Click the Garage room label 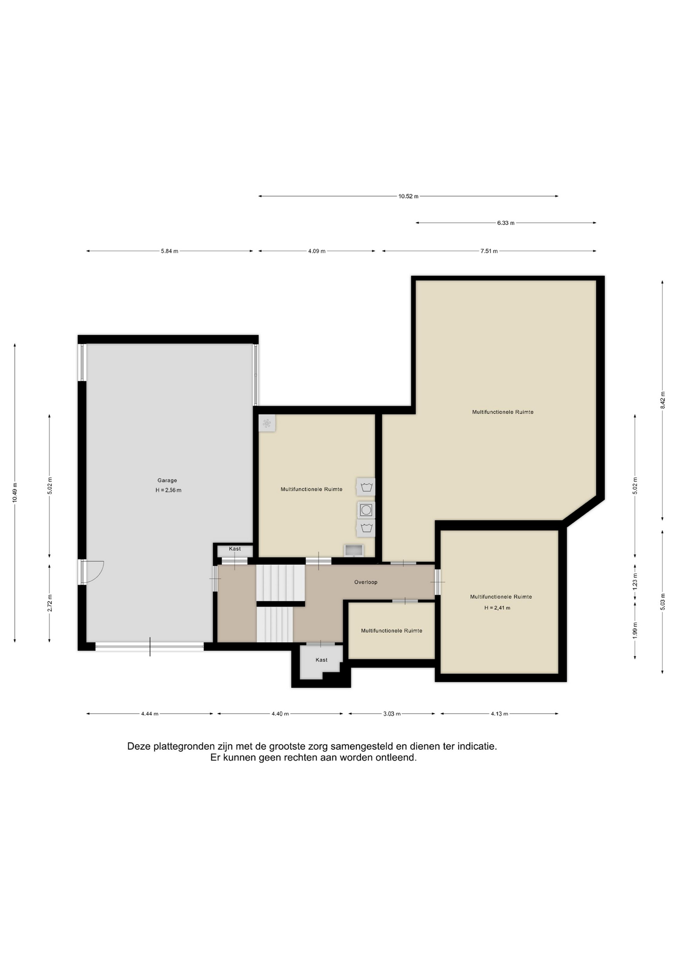(167, 480)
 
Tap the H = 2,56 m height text (168, 490)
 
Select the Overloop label (366, 582)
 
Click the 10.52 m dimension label (408, 196)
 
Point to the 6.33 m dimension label (506, 223)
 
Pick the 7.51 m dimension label (489, 251)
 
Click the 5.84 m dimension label (169, 251)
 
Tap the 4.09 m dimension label (317, 251)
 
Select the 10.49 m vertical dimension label (15, 492)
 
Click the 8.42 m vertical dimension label (663, 400)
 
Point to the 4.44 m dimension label (150, 714)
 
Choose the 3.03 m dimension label (392, 714)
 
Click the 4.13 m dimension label (499, 714)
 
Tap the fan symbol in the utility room (267, 424)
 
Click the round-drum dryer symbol (366, 510)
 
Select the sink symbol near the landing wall (353, 550)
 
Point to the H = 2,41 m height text (497, 608)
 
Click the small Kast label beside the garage (235, 549)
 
